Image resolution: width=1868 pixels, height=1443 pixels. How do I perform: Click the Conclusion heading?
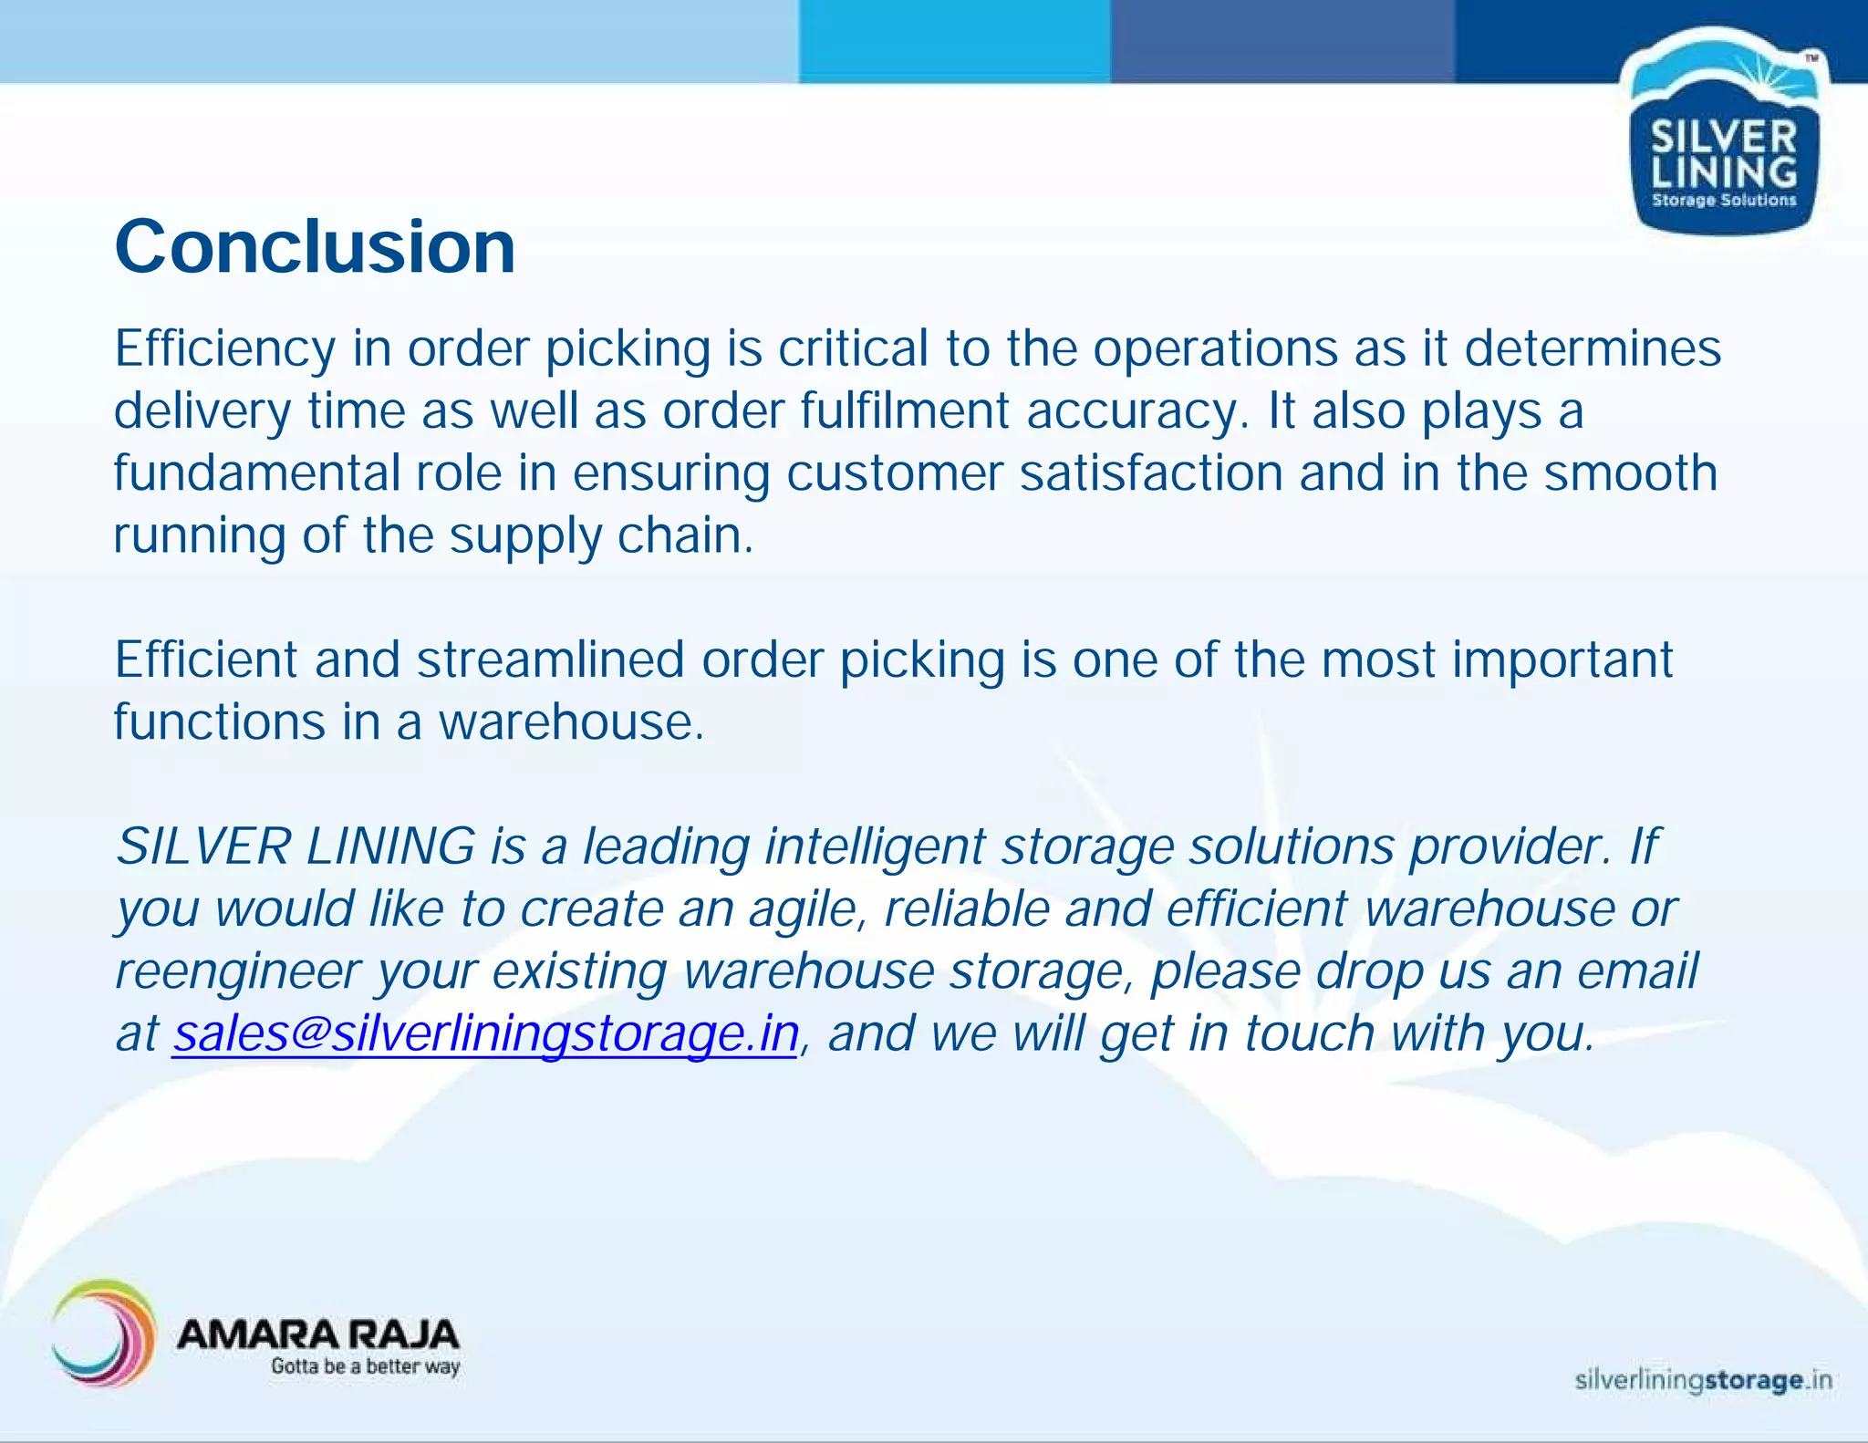315,247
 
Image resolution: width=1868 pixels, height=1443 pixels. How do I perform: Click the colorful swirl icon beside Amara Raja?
102,1333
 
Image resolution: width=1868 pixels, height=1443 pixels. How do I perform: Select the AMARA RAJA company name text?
317,1334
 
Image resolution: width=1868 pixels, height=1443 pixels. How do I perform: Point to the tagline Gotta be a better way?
365,1366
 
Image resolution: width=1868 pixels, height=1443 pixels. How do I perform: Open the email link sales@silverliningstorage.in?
485,1033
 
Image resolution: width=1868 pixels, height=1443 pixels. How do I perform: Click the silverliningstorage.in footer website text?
1703,1380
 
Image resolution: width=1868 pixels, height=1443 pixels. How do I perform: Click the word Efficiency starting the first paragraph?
224,349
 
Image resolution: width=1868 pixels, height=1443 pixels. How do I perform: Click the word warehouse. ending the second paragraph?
572,722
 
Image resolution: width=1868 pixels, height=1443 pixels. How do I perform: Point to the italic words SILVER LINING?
296,846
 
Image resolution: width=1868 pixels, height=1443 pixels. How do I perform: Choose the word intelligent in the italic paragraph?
875,846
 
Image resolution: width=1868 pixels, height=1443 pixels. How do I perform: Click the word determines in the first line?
1593,349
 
